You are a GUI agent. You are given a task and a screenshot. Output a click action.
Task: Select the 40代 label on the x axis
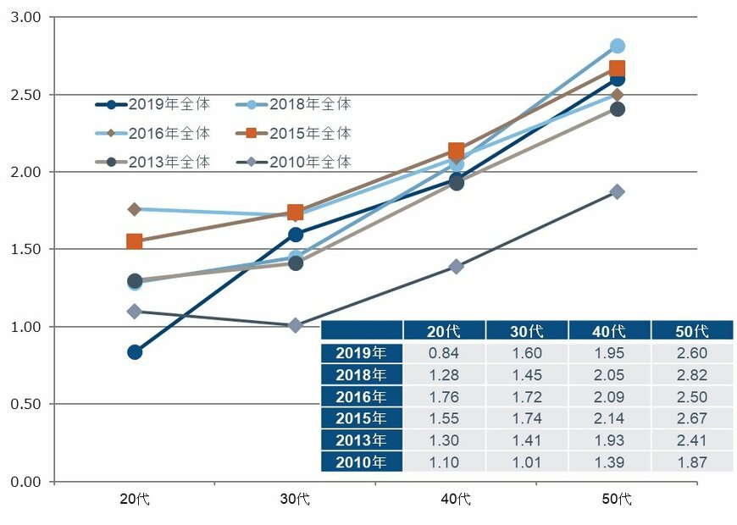click(x=456, y=499)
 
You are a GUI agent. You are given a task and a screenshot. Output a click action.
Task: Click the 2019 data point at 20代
click(x=135, y=352)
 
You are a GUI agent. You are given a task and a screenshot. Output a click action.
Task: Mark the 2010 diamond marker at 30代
click(x=296, y=325)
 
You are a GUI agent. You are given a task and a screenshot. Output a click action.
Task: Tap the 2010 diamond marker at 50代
click(x=617, y=192)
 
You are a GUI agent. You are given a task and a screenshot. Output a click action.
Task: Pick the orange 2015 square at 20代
click(x=135, y=242)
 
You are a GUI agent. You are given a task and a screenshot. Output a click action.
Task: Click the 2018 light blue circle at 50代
click(x=617, y=46)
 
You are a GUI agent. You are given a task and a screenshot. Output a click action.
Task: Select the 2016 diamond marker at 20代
click(x=135, y=209)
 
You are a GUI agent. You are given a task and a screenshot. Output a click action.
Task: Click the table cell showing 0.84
click(x=444, y=353)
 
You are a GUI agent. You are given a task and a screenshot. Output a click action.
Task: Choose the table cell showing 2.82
click(x=692, y=375)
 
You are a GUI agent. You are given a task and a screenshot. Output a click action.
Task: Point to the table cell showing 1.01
click(x=527, y=462)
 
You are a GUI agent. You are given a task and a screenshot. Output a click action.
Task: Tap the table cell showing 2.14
click(x=609, y=418)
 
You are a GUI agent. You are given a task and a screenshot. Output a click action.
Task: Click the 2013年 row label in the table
click(x=362, y=440)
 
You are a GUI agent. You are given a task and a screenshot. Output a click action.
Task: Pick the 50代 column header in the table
click(x=692, y=330)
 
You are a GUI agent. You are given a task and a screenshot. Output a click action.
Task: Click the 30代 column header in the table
click(x=527, y=330)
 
